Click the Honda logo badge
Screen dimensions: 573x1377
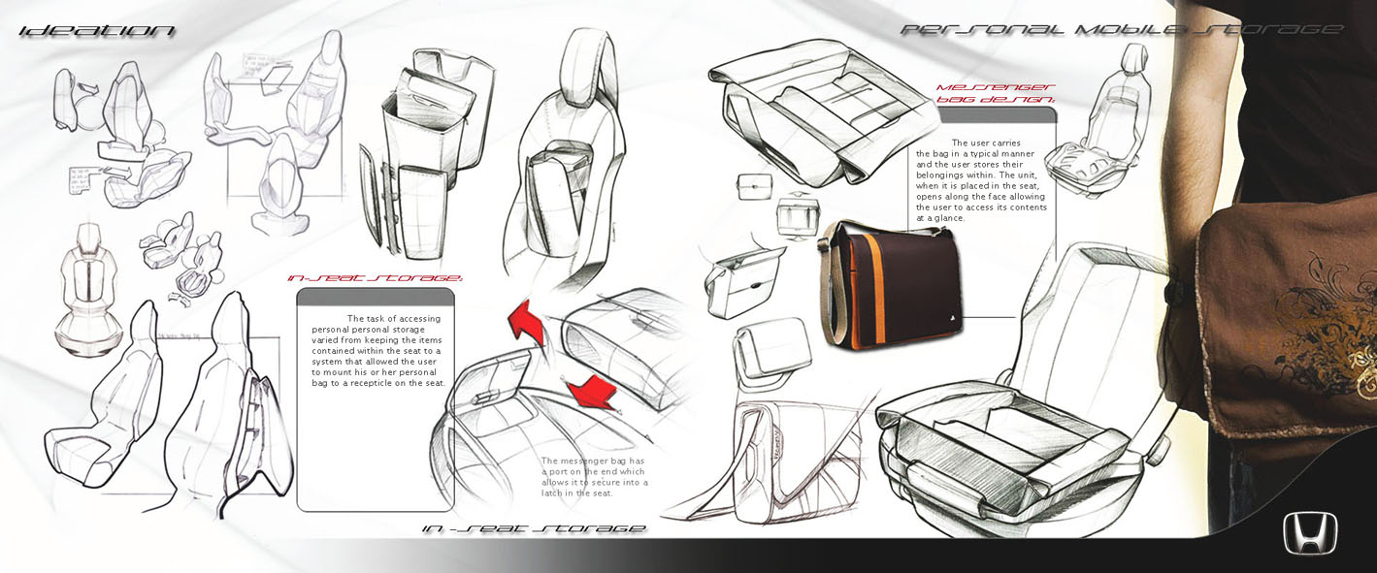tap(1310, 533)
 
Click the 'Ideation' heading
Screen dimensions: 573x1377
tap(97, 31)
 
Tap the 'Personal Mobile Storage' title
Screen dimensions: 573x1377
tap(1121, 30)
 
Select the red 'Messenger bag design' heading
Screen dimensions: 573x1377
tap(995, 93)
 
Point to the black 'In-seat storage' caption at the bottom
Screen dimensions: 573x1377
tap(535, 528)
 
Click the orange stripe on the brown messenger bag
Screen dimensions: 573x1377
tap(872, 291)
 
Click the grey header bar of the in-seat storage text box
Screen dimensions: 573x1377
tap(375, 297)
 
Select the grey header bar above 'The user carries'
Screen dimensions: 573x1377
tap(997, 115)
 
